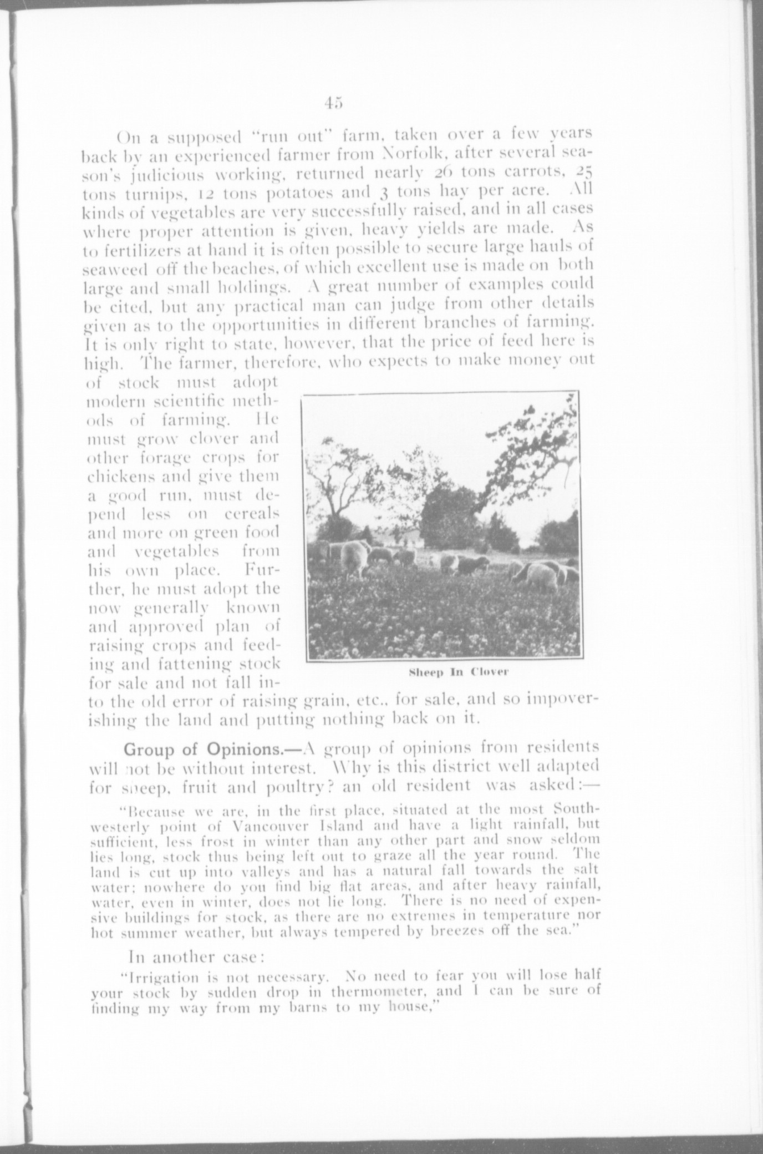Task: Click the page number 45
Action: coord(335,103)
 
